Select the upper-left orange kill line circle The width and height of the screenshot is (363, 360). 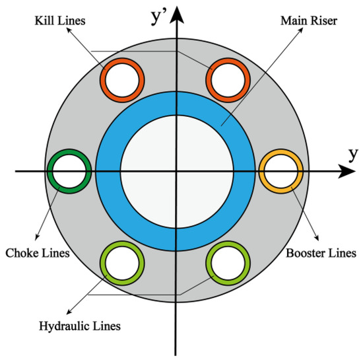(122, 79)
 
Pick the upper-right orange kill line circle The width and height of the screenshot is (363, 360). (228, 79)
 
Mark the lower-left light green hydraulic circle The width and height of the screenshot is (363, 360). (122, 263)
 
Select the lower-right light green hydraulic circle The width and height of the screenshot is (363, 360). (228, 263)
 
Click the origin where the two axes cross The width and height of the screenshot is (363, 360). (176, 171)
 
